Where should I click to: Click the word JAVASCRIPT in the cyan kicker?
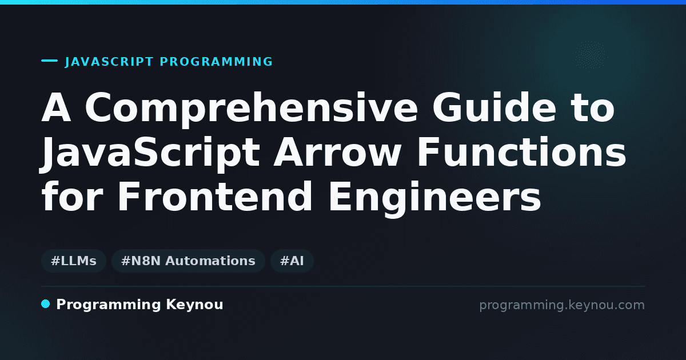109,62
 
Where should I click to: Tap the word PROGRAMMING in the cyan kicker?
216,62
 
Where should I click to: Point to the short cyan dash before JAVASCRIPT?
49,61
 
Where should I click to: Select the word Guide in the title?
494,107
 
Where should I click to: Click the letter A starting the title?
57,107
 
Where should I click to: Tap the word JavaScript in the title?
150,153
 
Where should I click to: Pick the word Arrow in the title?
337,153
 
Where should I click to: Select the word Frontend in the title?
215,196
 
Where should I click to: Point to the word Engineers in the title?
435,198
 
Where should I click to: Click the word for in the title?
72,196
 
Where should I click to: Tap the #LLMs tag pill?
74,261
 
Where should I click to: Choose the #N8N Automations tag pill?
188,261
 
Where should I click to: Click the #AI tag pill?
292,261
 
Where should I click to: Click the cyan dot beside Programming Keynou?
45,304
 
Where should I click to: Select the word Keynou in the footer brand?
194,305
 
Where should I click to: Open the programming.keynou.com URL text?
562,305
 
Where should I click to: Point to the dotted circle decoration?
590,57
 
